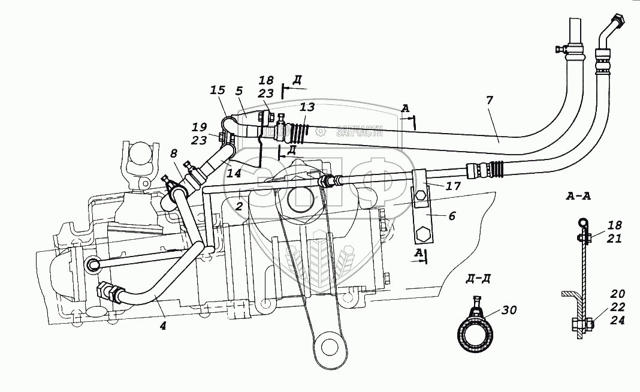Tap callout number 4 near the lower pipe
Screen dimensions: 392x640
pyautogui.click(x=164, y=327)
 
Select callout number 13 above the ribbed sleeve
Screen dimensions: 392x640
pyautogui.click(x=306, y=108)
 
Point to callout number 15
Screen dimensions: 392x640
pyautogui.click(x=218, y=91)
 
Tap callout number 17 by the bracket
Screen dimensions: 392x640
pyautogui.click(x=454, y=186)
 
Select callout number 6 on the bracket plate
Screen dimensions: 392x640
pyautogui.click(x=451, y=216)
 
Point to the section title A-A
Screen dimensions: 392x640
pyautogui.click(x=578, y=196)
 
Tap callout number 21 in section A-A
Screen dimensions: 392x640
pyautogui.click(x=614, y=239)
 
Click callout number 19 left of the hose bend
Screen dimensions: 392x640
pyautogui.click(x=199, y=127)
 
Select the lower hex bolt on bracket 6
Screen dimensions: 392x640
pyautogui.click(x=424, y=233)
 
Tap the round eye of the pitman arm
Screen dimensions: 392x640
pyautogui.click(x=329, y=346)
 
